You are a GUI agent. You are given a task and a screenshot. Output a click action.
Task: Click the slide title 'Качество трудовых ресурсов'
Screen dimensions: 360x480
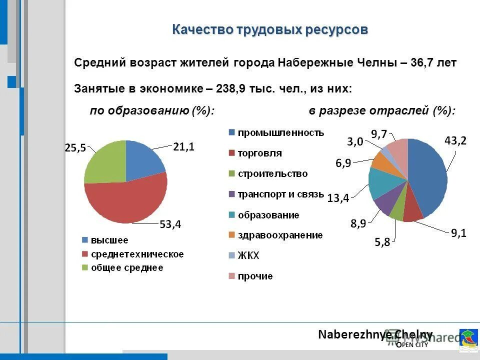point(270,30)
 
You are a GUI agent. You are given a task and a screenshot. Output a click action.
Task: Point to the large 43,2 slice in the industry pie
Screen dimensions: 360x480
point(429,177)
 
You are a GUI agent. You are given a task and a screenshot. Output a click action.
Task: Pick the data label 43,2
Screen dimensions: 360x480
point(455,141)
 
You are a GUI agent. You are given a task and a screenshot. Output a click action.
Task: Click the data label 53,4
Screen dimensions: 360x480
point(170,224)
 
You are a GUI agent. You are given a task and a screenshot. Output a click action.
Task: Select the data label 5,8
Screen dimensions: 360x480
point(384,243)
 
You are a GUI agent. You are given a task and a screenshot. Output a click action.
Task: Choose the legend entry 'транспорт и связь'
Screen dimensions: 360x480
point(280,194)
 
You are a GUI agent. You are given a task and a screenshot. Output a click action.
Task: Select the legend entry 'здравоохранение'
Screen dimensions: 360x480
point(279,235)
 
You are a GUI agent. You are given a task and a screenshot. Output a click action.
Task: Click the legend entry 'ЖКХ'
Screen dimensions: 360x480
point(248,255)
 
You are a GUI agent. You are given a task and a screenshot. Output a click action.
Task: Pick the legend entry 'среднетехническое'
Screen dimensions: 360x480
point(136,254)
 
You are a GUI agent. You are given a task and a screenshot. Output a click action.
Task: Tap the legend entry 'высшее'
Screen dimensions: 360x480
point(108,240)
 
